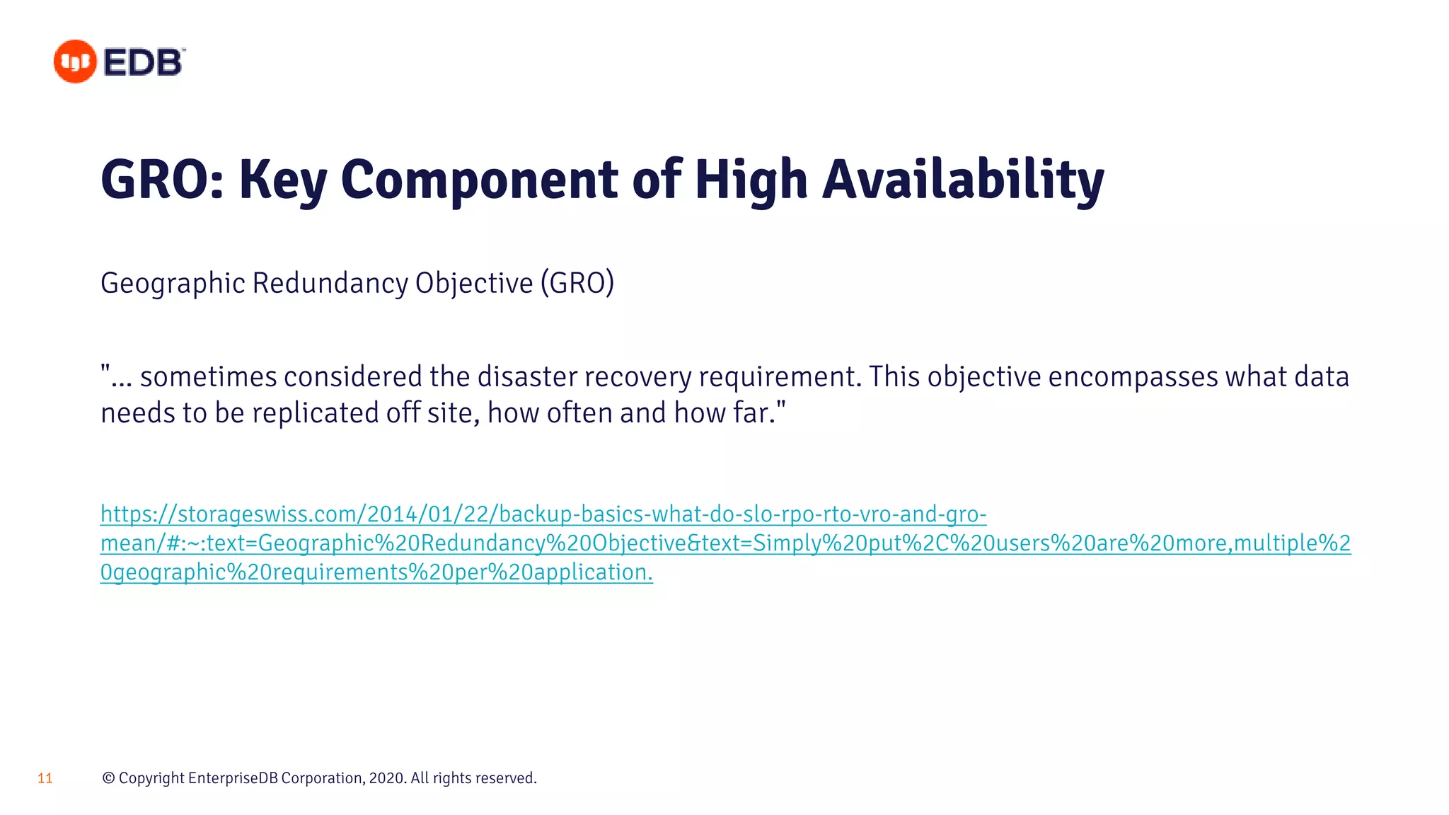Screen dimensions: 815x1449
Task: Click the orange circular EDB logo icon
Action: tap(75, 62)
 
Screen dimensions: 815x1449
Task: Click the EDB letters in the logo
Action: tap(144, 62)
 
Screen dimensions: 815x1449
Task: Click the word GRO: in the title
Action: tap(162, 180)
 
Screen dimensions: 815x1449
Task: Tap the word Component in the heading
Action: tap(479, 180)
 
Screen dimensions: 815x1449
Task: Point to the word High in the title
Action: tap(751, 180)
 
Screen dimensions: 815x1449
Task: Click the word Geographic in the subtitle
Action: tap(173, 283)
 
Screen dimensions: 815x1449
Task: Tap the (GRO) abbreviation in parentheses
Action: tap(577, 283)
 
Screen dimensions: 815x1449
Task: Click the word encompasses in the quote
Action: tap(1132, 376)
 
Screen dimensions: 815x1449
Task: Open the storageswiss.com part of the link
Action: tap(269, 514)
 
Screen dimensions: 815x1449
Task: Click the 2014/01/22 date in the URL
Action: tap(427, 514)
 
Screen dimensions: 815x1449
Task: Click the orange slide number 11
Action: tap(45, 778)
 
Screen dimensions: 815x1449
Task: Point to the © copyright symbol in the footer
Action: tap(108, 778)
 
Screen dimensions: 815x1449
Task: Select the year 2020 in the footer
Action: tap(386, 778)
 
